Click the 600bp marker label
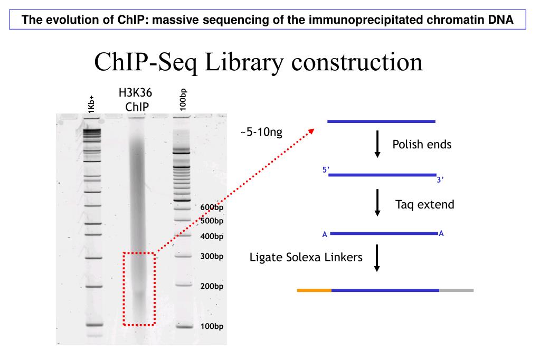[x=212, y=207]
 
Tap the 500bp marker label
[x=212, y=221]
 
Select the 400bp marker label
[x=212, y=236]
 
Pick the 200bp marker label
[x=212, y=286]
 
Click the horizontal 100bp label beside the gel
[x=212, y=326]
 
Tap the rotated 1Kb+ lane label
[x=92, y=103]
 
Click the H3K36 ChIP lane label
[x=135, y=100]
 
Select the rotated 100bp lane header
[x=182, y=99]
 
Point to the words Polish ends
[x=422, y=144]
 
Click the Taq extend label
[x=424, y=204]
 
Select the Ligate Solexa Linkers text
[x=306, y=258]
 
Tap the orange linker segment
[x=314, y=290]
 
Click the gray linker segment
[x=456, y=290]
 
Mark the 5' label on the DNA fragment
[x=325, y=170]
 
